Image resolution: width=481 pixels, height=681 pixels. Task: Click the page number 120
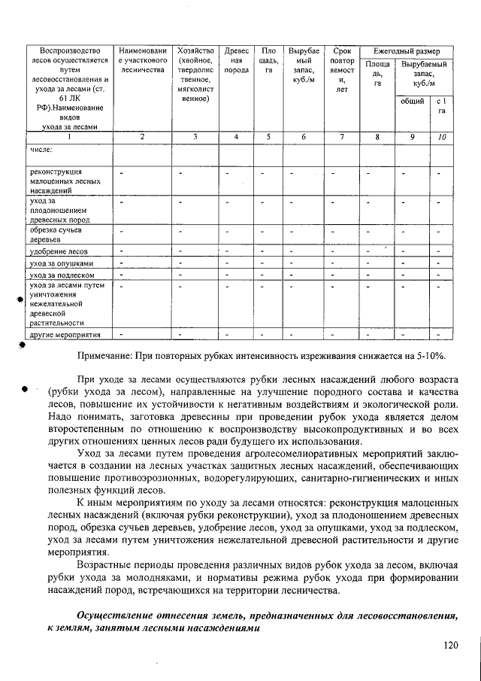450,644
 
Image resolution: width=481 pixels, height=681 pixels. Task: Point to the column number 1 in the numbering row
69,137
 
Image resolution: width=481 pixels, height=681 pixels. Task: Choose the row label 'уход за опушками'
62,263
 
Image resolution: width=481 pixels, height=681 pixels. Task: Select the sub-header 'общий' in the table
412,100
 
